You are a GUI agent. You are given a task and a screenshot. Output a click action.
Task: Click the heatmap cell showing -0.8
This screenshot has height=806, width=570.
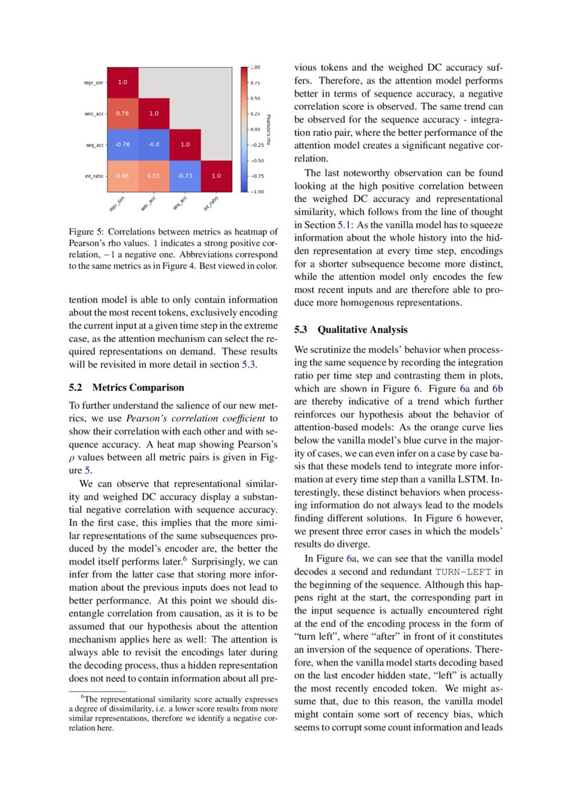click(154, 145)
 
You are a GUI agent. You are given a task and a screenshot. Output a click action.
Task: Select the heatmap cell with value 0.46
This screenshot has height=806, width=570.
click(122, 176)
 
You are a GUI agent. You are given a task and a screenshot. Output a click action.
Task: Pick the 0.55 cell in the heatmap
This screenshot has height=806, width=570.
click(154, 176)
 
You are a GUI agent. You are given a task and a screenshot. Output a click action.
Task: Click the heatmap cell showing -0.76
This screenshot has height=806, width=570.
click(122, 145)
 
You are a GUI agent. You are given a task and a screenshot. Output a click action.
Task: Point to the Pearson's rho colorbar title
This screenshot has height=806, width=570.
click(268, 130)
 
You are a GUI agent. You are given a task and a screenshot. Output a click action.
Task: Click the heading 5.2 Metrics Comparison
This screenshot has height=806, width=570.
click(127, 387)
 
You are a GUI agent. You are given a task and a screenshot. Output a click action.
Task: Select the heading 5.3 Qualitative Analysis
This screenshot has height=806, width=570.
click(351, 330)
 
